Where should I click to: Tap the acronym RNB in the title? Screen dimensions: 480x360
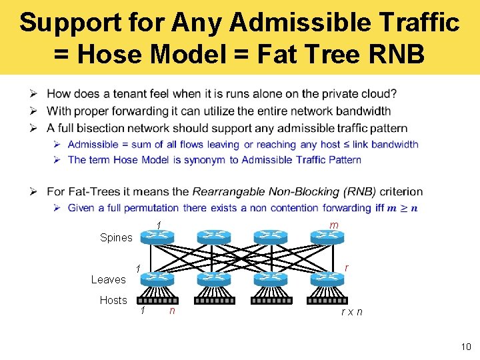pyautogui.click(x=392, y=53)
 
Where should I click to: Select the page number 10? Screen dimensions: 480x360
pyautogui.click(x=465, y=346)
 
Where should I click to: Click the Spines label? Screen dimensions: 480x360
pyautogui.click(x=116, y=238)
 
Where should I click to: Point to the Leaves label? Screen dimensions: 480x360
pyautogui.click(x=108, y=279)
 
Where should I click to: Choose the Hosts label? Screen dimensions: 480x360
pyautogui.click(x=113, y=300)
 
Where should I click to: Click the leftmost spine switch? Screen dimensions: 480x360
pyautogui.click(x=157, y=236)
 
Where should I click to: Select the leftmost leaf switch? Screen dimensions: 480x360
pyautogui.click(x=157, y=279)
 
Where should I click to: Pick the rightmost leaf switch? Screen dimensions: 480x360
pyautogui.click(x=327, y=279)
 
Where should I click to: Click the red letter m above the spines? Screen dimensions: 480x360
pyautogui.click(x=333, y=225)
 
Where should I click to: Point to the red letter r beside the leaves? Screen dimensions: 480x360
pyautogui.click(x=346, y=267)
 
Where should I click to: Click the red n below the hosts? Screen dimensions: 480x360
pyautogui.click(x=172, y=310)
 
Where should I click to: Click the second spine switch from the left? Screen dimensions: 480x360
pyautogui.click(x=214, y=236)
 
